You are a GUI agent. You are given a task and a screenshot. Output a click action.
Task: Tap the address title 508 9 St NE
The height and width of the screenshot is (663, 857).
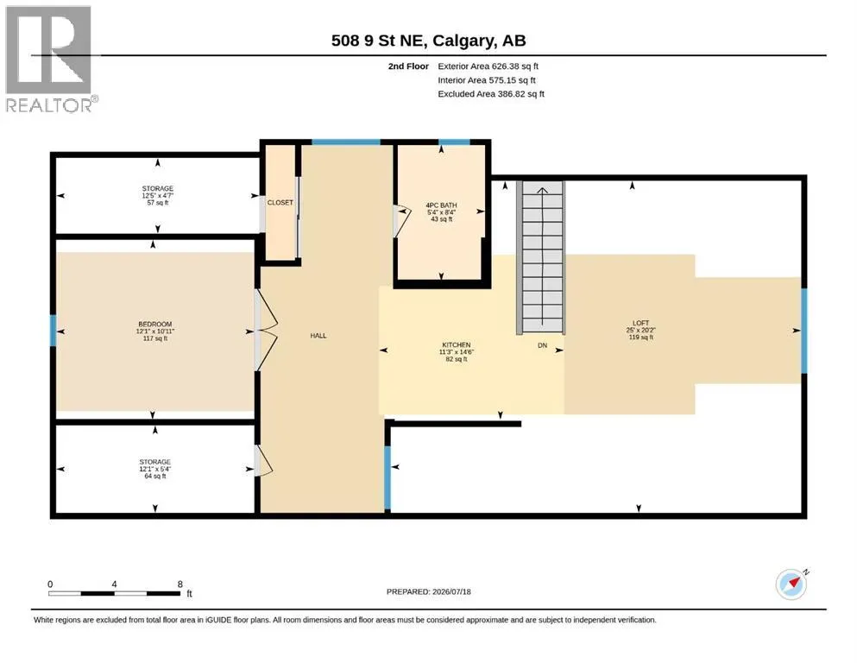(380, 41)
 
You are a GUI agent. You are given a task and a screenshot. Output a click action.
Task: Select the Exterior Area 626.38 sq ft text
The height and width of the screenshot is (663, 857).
(488, 66)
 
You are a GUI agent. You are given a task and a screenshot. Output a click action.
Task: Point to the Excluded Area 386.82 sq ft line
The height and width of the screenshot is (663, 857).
(491, 94)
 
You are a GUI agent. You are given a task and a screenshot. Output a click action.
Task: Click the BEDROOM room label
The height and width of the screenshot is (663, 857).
(155, 324)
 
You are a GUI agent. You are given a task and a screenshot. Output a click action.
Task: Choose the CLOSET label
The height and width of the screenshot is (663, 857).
(280, 202)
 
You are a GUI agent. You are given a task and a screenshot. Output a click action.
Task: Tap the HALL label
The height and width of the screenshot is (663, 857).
(318, 336)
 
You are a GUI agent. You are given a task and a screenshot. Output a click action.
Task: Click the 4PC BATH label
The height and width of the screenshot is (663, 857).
(441, 205)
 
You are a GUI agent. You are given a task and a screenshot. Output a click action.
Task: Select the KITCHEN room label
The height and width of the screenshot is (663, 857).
(457, 345)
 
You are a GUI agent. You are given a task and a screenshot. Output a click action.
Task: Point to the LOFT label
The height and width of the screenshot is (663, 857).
(640, 323)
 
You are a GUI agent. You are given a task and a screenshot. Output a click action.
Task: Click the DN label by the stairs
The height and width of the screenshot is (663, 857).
(542, 345)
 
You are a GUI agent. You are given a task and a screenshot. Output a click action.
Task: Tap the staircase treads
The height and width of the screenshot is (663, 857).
(541, 257)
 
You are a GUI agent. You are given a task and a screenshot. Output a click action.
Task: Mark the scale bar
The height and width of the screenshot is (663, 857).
(114, 593)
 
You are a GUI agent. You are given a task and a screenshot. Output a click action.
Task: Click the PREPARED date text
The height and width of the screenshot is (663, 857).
(428, 591)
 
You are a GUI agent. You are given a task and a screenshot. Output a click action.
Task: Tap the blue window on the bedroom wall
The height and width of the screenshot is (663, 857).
(53, 330)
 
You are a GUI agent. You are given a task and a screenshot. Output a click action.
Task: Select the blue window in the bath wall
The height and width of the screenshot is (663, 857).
(454, 142)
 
